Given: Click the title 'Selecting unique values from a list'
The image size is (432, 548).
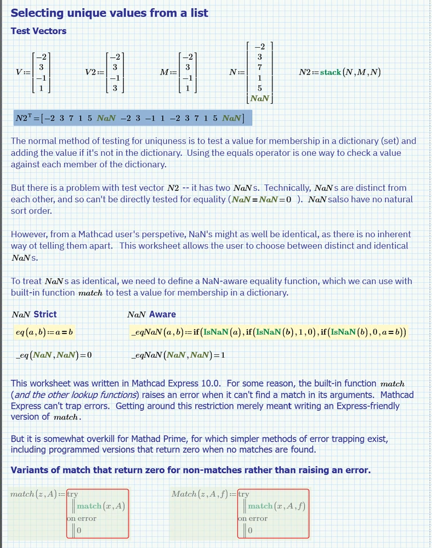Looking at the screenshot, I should [110, 13].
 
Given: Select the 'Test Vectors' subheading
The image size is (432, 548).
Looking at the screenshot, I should [38, 31].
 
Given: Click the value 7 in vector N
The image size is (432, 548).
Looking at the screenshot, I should [259, 67].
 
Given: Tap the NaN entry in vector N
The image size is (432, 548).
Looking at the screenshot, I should [259, 98].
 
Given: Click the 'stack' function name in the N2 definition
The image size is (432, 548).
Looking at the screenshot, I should [331, 72].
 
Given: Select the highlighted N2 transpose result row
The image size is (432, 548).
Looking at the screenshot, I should [134, 118].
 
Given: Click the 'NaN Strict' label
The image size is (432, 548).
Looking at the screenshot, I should [34, 314].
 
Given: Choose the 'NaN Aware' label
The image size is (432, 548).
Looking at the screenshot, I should [151, 314].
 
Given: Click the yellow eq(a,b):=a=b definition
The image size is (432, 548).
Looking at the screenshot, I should [44, 332].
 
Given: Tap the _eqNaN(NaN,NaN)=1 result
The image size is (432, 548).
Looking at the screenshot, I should [178, 355].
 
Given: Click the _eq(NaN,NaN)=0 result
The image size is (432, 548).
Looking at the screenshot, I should [54, 355].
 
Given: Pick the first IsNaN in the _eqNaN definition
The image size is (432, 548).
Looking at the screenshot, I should [218, 332].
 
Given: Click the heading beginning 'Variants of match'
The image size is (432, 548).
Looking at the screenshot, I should [190, 470].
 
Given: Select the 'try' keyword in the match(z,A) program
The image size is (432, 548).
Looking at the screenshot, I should [73, 494].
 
